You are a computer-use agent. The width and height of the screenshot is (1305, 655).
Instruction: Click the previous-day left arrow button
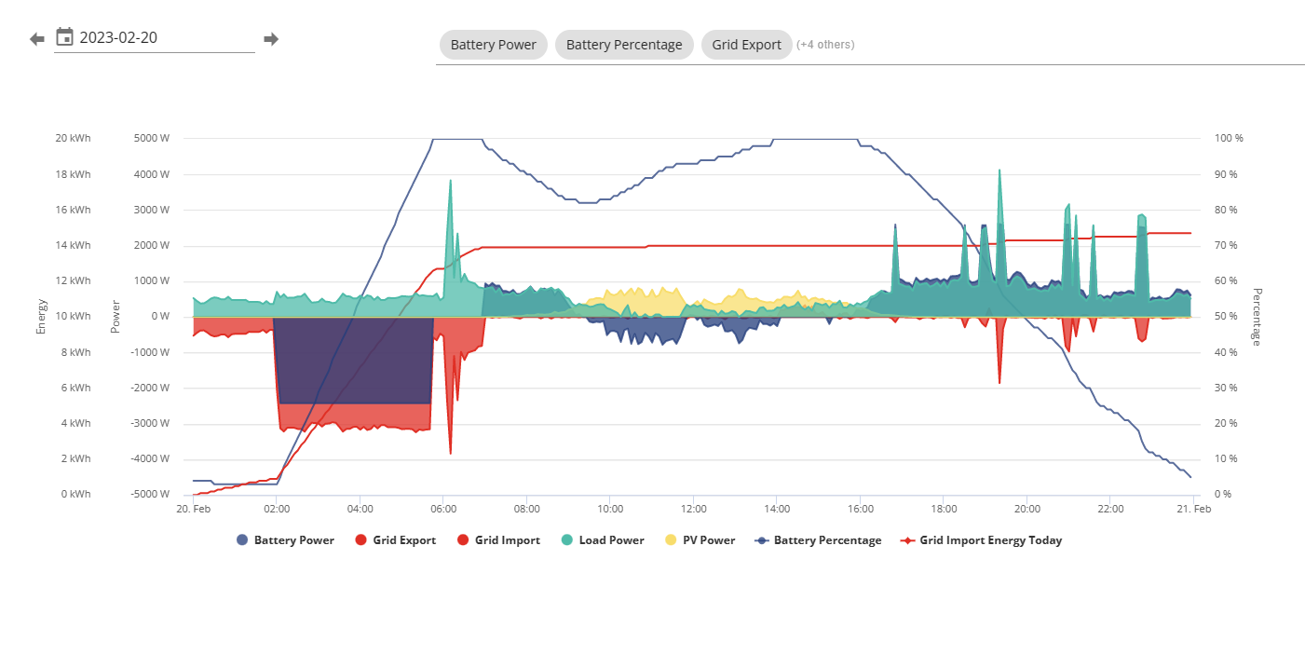click(37, 39)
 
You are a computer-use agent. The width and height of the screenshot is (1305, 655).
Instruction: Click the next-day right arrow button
click(271, 39)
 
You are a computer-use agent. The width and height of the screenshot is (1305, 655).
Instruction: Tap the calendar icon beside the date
click(64, 36)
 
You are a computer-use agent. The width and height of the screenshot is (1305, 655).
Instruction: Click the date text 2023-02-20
click(118, 37)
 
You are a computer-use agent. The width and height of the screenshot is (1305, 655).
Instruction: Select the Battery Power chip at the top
click(493, 45)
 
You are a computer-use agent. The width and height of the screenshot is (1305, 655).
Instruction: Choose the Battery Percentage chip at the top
click(624, 45)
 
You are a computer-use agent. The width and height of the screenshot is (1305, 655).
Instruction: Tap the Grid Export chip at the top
click(746, 45)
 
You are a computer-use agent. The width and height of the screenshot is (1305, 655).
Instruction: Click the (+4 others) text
click(825, 45)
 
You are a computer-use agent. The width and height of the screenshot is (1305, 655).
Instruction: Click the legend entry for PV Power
click(700, 540)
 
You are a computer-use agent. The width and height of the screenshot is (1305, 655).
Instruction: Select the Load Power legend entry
click(603, 540)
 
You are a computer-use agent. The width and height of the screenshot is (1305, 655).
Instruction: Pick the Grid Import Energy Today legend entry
click(982, 540)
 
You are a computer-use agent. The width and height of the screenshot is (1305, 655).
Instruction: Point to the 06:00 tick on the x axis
click(443, 509)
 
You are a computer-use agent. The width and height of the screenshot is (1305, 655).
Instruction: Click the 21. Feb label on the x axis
click(1194, 509)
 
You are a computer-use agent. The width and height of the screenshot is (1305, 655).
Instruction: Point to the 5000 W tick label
click(152, 138)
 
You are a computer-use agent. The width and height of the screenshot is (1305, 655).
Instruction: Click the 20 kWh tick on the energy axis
click(73, 138)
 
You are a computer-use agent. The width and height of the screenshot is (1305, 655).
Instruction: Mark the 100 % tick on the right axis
click(1229, 138)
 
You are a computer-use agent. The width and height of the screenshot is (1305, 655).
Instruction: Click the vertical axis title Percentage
click(1257, 317)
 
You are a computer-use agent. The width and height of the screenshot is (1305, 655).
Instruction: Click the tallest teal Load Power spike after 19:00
click(999, 171)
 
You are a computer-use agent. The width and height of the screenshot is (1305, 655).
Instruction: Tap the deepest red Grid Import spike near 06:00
click(450, 452)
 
